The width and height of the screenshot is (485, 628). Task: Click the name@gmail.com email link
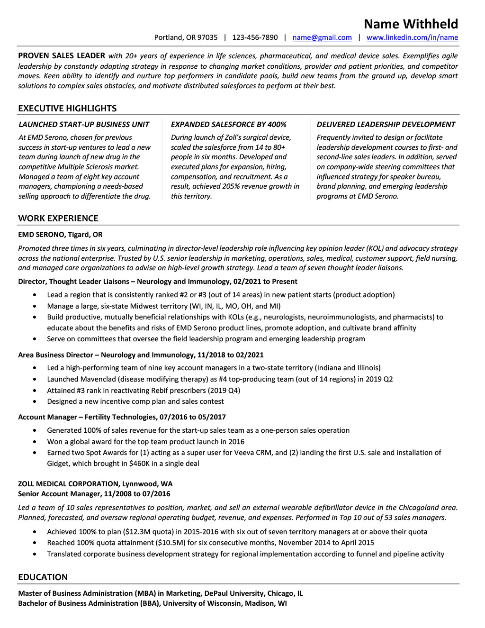[322, 37]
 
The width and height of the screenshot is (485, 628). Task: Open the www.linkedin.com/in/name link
[412, 37]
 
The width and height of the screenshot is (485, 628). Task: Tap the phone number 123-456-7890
[255, 37]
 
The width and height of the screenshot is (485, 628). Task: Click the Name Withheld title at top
[411, 24]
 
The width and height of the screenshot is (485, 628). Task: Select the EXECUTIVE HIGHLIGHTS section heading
[67, 109]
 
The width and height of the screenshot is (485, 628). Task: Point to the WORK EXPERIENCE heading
[58, 218]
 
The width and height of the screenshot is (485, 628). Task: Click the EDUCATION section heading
[43, 577]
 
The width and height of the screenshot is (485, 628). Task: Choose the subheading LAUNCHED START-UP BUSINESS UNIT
[84, 125]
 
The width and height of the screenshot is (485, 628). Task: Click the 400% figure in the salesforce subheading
[277, 125]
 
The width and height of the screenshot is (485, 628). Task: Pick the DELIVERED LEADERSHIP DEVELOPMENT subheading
[386, 125]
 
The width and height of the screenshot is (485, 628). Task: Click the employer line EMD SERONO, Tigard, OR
[60, 235]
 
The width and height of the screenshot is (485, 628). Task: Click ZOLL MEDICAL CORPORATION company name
[68, 484]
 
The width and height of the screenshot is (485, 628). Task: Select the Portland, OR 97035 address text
[186, 37]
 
